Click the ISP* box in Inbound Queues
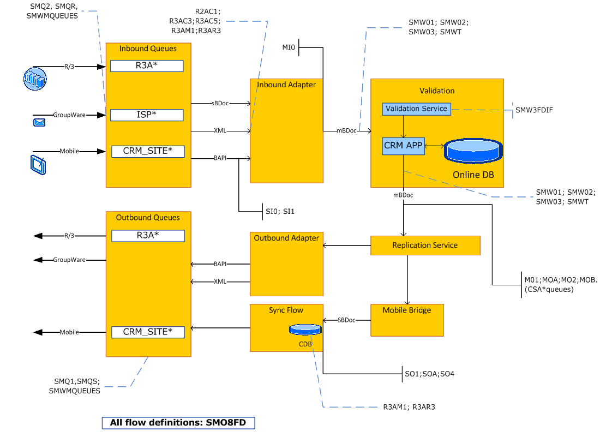pyautogui.click(x=147, y=115)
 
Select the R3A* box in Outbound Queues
pyautogui.click(x=147, y=236)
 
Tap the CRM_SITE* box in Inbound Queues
pyautogui.click(x=147, y=151)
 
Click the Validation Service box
pyautogui.click(x=416, y=109)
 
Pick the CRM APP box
pyautogui.click(x=403, y=146)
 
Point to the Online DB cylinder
pyautogui.click(x=473, y=151)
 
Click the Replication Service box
pyautogui.click(x=425, y=246)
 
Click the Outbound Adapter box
pyautogui.click(x=286, y=264)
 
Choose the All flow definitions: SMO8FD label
pyautogui.click(x=178, y=422)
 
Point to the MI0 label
pyautogui.click(x=288, y=48)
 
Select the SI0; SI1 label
pyautogui.click(x=280, y=211)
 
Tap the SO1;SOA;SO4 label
pyautogui.click(x=429, y=374)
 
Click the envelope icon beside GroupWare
pyautogui.click(x=39, y=123)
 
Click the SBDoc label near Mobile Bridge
pyautogui.click(x=346, y=320)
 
